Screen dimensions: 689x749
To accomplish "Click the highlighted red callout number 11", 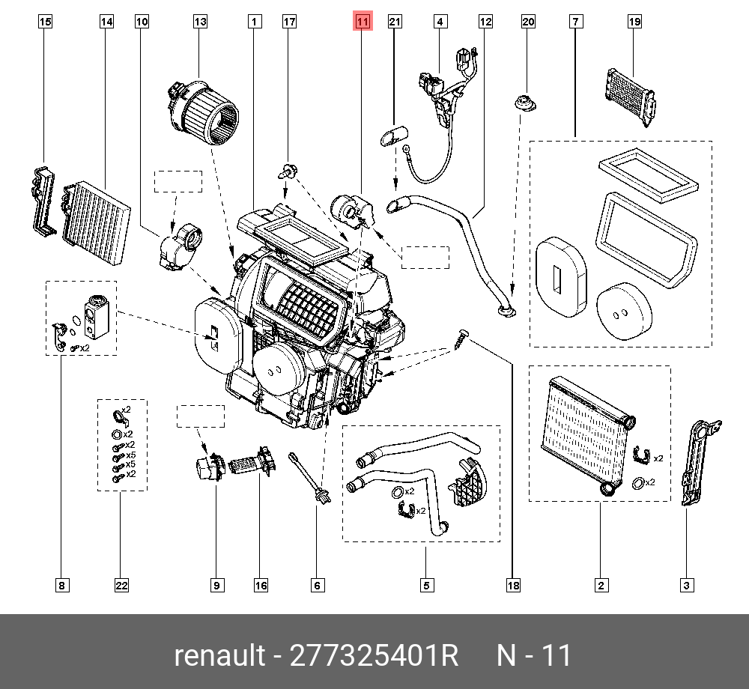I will (363, 22).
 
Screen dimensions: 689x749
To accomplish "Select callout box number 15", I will (45, 22).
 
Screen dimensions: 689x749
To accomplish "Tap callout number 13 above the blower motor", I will (200, 22).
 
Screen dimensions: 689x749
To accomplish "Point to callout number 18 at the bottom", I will (513, 586).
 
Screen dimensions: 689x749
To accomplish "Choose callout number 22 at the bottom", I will (121, 586).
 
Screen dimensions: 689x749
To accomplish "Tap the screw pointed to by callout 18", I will (462, 336).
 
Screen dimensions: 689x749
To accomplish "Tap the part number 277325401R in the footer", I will (375, 655).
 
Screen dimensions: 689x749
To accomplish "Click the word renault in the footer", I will (219, 655).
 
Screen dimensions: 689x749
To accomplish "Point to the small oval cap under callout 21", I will (394, 136).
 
